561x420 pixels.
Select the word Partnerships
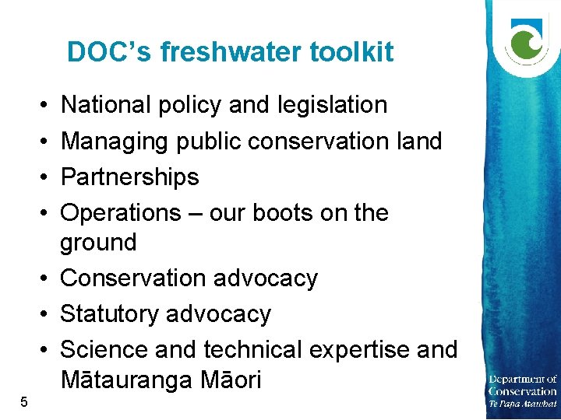click(129, 177)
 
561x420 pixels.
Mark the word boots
click(279, 212)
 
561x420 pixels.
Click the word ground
click(98, 243)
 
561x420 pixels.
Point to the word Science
click(104, 349)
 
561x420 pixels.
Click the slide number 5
click(24, 402)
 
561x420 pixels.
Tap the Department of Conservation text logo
click(522, 391)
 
